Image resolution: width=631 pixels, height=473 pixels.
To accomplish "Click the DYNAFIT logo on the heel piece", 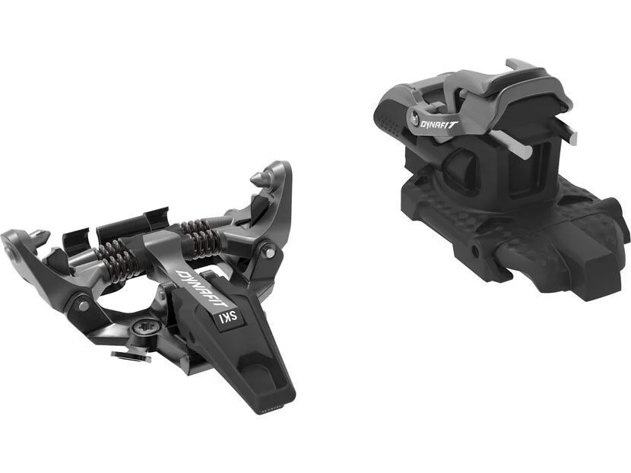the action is tap(439, 124).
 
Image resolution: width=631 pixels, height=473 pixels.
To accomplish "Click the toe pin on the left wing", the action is tap(40, 235).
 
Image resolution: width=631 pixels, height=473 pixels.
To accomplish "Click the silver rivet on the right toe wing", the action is tap(271, 252).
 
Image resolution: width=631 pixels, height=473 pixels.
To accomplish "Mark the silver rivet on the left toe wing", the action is tap(84, 306).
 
